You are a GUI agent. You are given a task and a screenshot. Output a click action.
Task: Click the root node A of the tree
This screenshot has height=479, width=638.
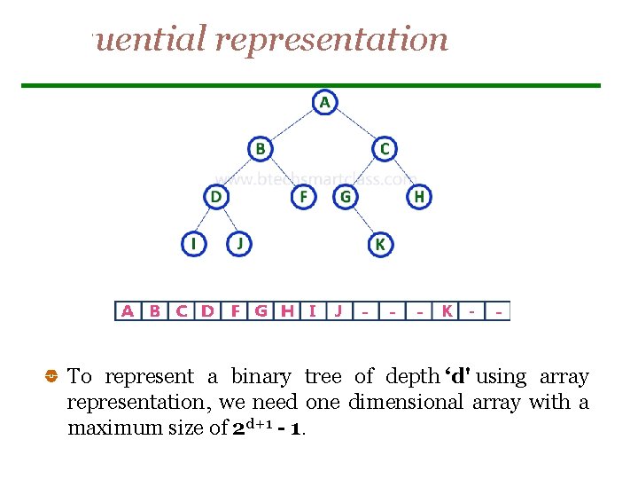click(x=324, y=103)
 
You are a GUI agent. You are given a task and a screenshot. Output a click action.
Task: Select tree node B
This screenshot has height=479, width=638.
click(x=260, y=149)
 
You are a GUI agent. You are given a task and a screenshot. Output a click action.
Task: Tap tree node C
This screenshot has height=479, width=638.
click(x=384, y=149)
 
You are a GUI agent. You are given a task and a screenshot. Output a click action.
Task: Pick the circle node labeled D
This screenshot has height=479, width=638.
click(x=216, y=196)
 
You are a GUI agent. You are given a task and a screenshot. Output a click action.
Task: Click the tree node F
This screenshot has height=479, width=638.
click(x=304, y=196)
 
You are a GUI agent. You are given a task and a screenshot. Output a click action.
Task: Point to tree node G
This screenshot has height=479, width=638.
click(x=346, y=196)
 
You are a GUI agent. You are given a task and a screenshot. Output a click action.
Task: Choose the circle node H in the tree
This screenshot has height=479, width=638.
click(x=419, y=196)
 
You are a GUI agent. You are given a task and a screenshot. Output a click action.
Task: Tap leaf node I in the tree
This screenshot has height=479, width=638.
click(x=193, y=243)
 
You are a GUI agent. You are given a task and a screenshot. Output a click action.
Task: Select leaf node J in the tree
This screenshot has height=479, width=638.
click(x=239, y=243)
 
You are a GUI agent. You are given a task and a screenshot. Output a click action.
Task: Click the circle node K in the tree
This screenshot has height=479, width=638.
click(x=380, y=244)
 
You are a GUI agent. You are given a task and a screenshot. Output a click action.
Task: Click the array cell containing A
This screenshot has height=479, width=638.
click(x=128, y=311)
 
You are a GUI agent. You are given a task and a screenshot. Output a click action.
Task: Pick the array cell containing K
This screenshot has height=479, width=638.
click(x=447, y=311)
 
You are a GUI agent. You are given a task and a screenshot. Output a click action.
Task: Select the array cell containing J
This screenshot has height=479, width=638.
click(x=338, y=311)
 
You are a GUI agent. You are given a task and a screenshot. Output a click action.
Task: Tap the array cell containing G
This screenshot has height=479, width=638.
click(x=261, y=311)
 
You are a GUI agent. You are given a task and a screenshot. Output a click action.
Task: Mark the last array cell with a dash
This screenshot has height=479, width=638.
click(x=501, y=311)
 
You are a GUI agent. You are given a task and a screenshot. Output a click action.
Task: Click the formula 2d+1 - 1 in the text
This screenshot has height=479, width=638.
click(x=268, y=428)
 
